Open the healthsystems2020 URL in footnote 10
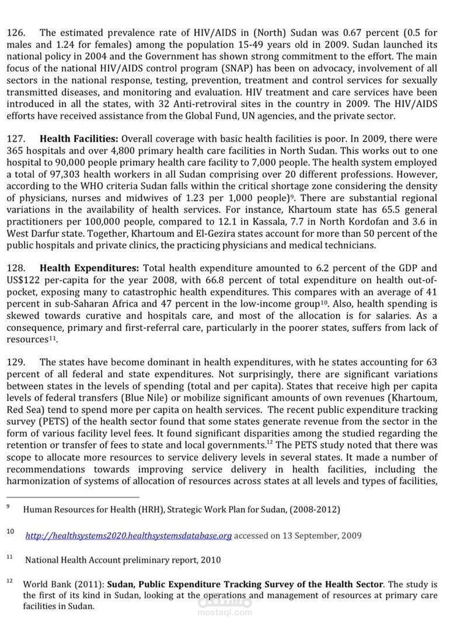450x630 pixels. point(129,535)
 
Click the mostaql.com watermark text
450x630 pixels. point(225,612)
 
